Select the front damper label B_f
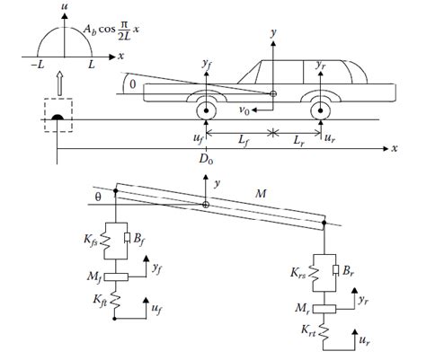[141, 239]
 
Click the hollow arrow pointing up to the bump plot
[58, 83]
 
